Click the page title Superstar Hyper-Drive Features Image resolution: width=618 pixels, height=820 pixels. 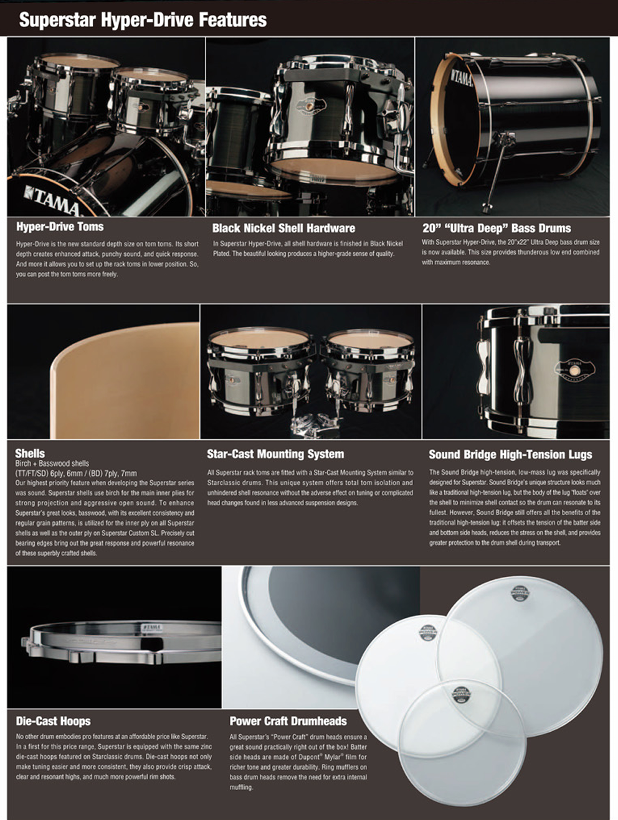(x=143, y=19)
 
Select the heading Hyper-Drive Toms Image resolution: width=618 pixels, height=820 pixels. (x=60, y=226)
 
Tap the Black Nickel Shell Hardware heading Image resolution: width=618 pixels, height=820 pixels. (x=284, y=228)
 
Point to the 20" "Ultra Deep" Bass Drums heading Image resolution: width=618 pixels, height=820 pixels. (x=497, y=228)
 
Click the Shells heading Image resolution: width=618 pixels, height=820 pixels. (x=30, y=454)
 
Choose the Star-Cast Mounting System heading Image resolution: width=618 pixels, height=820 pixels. (x=276, y=454)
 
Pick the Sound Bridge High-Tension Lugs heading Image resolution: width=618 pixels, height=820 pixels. (x=510, y=454)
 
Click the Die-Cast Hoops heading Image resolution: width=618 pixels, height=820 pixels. (x=53, y=721)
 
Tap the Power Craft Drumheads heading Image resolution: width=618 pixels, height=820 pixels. (x=288, y=721)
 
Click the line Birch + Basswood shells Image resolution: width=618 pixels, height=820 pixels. (x=52, y=464)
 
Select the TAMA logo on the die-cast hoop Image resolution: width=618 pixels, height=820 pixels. (x=152, y=627)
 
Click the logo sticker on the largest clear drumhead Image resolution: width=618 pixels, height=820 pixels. (x=520, y=594)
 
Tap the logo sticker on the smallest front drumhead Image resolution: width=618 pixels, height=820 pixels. (x=462, y=696)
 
